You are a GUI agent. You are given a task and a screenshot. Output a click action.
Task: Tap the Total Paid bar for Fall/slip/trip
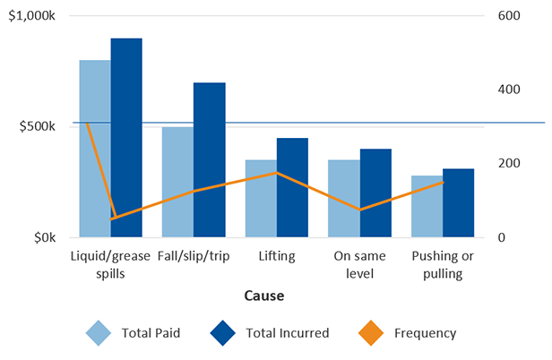pos(177,183)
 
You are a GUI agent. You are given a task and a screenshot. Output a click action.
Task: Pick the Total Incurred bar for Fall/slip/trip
pos(209,160)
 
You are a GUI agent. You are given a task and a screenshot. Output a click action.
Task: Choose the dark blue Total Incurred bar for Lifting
pos(292,188)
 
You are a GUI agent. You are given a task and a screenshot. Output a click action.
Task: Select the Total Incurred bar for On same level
pos(375,193)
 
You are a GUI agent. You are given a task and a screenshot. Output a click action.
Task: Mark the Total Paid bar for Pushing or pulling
pos(427,207)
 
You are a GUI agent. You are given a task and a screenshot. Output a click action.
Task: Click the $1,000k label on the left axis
pos(35,16)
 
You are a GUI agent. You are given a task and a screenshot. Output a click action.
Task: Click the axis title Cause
pos(263,295)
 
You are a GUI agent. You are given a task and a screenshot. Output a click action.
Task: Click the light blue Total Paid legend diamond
pos(99,333)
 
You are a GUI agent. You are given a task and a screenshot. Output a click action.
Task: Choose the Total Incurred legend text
pos(288,333)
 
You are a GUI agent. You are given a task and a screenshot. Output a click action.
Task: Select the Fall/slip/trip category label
pos(193,257)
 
